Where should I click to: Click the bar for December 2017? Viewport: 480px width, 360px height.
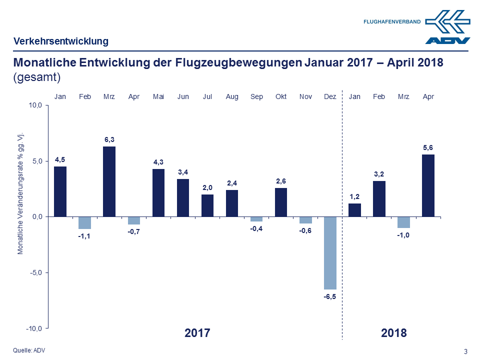point(330,252)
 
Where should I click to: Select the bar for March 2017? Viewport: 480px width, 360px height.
point(109,181)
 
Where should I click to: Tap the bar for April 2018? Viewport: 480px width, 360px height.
point(428,185)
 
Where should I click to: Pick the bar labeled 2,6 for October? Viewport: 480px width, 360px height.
point(281,202)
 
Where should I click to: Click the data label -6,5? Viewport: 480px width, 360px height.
point(330,297)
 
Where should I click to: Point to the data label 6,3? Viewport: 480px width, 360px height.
point(109,139)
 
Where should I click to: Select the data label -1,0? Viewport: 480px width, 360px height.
point(403,235)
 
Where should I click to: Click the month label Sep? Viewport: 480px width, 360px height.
point(256,96)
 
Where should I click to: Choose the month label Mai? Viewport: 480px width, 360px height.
point(158,96)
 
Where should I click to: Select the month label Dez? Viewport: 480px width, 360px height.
point(330,96)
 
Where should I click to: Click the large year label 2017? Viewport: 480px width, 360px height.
point(197,333)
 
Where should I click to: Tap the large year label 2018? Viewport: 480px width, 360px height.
point(394,333)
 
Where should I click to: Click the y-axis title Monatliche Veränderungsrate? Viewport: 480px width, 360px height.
point(20,193)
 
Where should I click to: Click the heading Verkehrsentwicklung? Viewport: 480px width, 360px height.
point(60,41)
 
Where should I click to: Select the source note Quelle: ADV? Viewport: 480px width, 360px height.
point(29,350)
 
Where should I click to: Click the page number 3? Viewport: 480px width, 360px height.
point(466,351)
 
